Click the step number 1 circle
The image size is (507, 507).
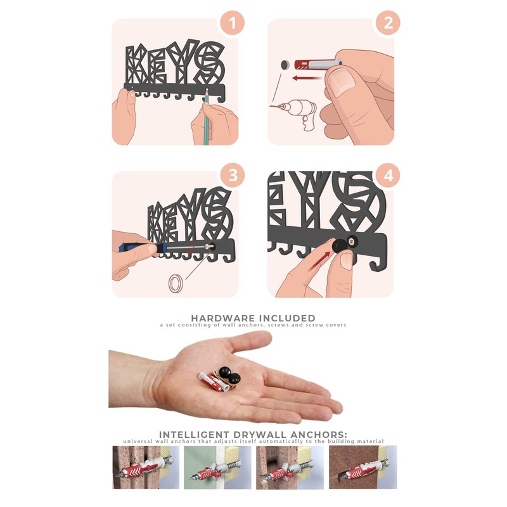[232, 23]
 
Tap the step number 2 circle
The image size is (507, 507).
[388, 23]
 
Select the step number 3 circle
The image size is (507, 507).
[233, 176]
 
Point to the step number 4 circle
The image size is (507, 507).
[388, 176]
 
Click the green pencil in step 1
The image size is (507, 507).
[206, 117]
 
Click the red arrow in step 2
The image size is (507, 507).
[307, 78]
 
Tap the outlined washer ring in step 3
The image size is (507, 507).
[176, 283]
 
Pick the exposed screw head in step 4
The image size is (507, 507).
[352, 241]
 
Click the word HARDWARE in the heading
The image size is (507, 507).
[221, 318]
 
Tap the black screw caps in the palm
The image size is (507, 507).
[230, 375]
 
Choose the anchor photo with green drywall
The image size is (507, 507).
[217, 467]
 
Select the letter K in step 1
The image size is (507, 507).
[135, 65]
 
